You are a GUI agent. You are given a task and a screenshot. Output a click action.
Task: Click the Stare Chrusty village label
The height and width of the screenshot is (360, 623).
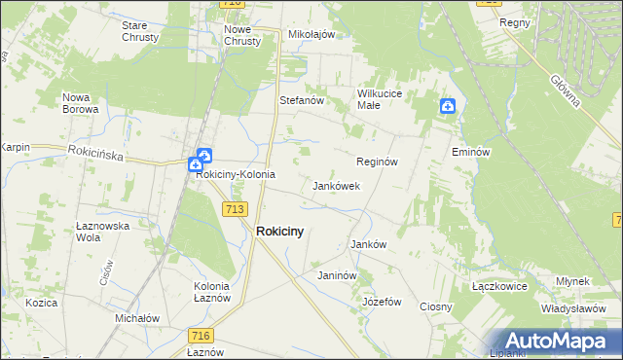(141, 31)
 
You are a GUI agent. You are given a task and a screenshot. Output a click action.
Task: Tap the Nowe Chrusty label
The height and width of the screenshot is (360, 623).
(242, 36)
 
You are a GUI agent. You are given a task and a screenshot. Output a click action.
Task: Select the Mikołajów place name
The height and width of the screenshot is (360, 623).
(311, 34)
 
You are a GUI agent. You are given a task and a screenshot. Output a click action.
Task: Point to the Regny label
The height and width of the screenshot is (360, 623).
(513, 21)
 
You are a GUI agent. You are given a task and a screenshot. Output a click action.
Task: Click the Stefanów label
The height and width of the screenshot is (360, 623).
(301, 100)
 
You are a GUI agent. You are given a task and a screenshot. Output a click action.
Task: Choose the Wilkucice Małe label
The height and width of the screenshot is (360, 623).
(381, 99)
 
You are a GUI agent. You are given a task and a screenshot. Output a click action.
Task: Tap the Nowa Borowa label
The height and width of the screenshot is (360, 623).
(81, 103)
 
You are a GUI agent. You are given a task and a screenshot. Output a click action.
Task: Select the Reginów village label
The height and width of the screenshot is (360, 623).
(378, 162)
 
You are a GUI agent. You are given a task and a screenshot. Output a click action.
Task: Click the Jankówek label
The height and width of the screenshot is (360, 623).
(337, 185)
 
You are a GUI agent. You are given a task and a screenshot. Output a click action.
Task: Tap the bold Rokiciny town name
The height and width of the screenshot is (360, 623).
(279, 232)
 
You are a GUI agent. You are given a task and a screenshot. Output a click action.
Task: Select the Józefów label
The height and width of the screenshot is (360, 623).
(382, 302)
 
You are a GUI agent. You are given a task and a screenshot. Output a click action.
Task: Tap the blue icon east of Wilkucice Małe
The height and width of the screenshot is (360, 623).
(446, 106)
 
